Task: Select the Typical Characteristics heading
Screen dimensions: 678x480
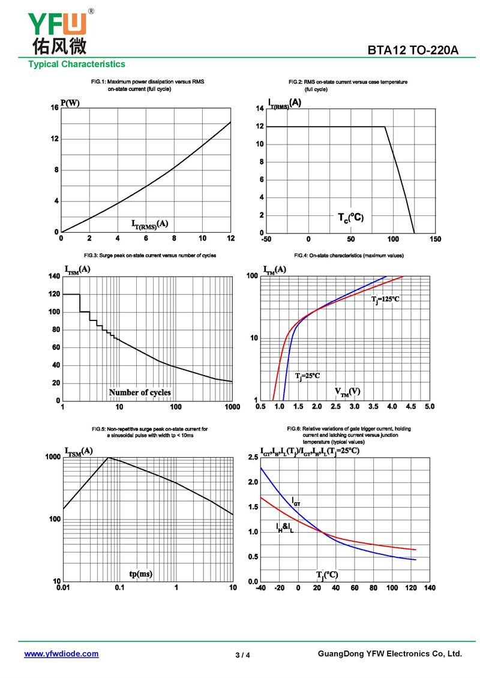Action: coord(77,64)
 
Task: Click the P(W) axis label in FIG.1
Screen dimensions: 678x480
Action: coord(70,103)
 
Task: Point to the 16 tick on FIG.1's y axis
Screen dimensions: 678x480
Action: coord(55,108)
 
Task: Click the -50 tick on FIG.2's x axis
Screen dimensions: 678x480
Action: coord(266,239)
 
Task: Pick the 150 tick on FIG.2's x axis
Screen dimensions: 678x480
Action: coord(436,239)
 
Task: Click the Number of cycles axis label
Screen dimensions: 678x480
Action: coord(140,392)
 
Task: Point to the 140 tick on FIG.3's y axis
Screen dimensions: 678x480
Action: coord(53,277)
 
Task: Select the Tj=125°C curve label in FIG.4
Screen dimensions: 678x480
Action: coord(385,299)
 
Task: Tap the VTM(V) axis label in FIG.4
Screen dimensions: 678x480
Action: coord(347,392)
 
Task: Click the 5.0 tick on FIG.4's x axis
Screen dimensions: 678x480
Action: coord(430,407)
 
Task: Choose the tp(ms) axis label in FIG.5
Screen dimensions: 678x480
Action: coord(141,574)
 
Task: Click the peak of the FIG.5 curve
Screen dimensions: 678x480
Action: coord(108,458)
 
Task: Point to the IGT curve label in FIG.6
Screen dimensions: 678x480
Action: coord(296,500)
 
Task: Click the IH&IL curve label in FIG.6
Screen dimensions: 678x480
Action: coord(284,527)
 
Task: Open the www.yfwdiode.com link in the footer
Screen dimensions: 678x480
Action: coord(61,653)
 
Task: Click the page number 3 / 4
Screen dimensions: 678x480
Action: coord(242,655)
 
